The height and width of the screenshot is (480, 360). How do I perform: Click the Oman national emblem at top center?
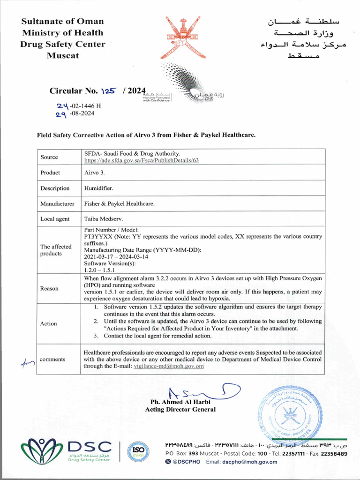180,37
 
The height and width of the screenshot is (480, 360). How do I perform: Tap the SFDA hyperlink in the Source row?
142,160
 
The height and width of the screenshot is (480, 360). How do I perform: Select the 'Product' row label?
50,172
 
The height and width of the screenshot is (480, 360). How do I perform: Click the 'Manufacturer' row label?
57,204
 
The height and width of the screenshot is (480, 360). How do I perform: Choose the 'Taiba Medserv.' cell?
103,219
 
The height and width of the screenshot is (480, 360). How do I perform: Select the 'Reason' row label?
49,288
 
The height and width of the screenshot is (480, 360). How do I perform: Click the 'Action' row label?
48,323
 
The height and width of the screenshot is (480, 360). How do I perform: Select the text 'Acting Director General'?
180,409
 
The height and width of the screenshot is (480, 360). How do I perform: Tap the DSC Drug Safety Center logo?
66,450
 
